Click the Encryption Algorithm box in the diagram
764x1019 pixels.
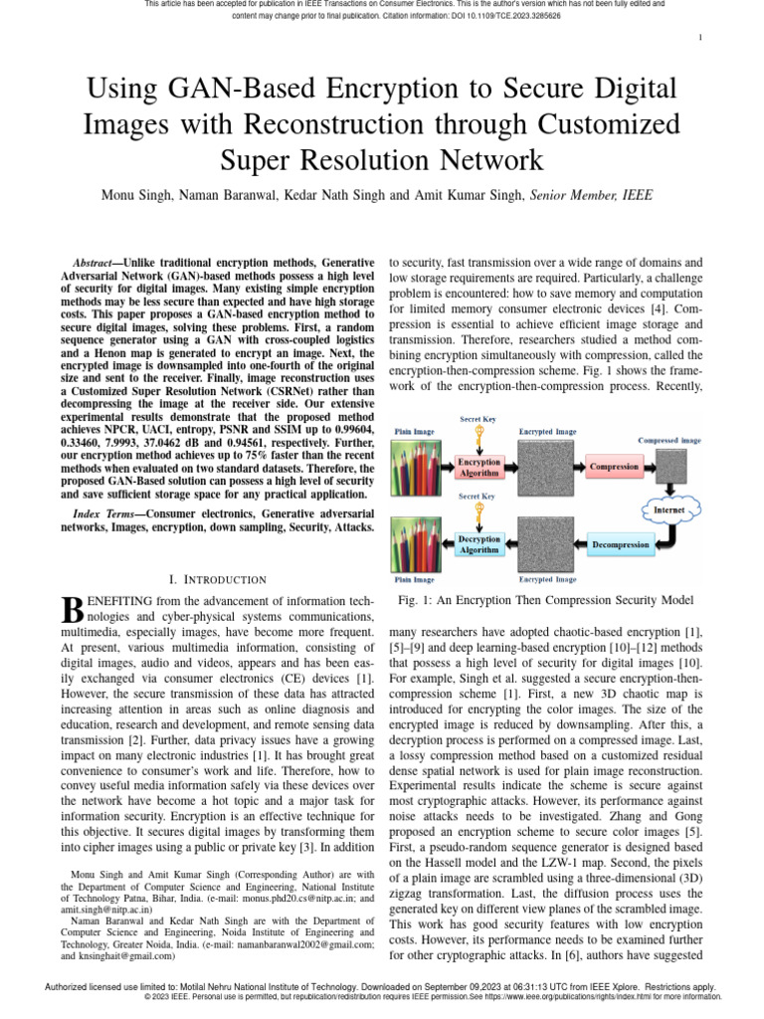point(478,468)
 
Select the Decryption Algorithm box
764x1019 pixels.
point(478,543)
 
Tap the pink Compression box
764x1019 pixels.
point(615,466)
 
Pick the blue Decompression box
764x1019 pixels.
point(622,545)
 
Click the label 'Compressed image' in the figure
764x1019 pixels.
point(668,440)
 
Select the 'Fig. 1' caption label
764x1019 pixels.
point(413,600)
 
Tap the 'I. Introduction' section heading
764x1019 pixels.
point(218,579)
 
